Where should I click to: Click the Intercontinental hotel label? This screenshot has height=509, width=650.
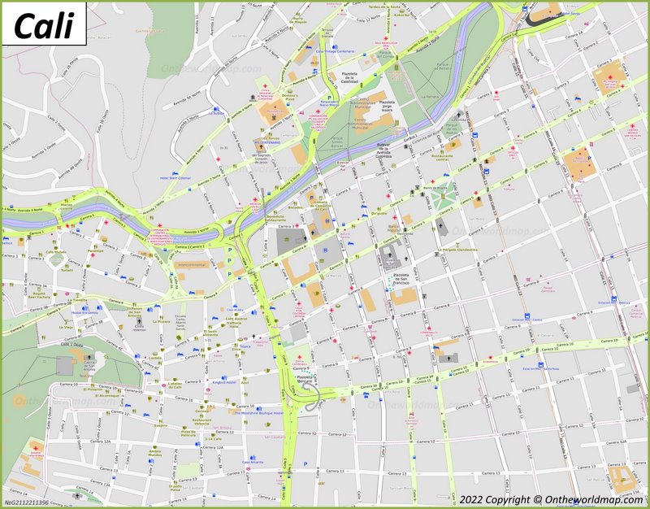coord(191,264)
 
